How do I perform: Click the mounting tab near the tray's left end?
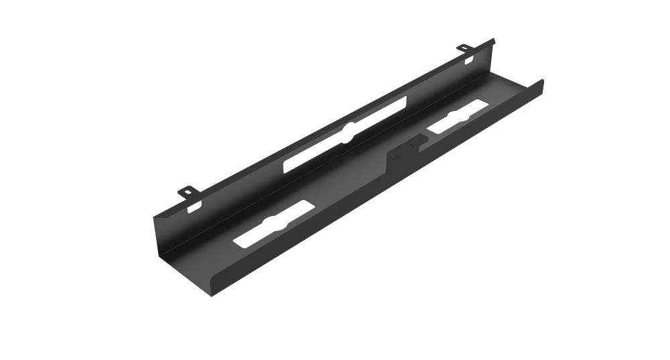click(189, 192)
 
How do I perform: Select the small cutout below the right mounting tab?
click(469, 62)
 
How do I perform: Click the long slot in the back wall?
click(345, 134)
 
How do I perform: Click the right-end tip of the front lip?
click(542, 82)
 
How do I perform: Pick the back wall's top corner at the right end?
click(493, 40)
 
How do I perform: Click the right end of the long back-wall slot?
click(405, 102)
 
